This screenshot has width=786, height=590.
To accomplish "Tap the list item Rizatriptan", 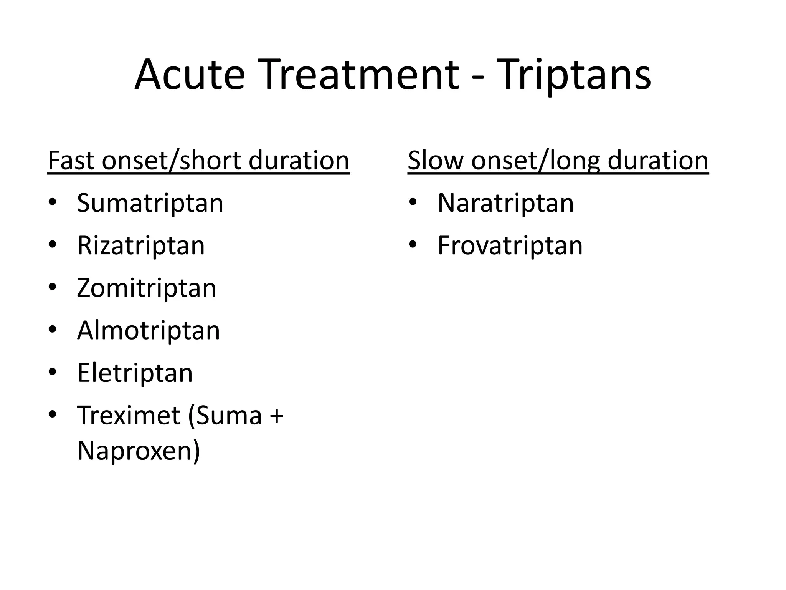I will (x=141, y=245).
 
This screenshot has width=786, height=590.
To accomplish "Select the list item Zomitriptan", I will (x=147, y=288).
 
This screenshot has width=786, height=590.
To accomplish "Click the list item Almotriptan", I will (x=149, y=330).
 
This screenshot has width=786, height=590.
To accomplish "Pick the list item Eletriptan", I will (x=135, y=373).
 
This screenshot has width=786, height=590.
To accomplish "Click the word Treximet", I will (x=129, y=415).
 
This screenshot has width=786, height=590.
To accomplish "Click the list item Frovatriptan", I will (x=510, y=245).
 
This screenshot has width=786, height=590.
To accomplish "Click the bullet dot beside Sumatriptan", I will (x=53, y=202).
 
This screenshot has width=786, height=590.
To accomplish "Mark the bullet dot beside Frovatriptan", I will (x=413, y=244).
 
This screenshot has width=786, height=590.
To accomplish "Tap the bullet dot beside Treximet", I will (x=53, y=414).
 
